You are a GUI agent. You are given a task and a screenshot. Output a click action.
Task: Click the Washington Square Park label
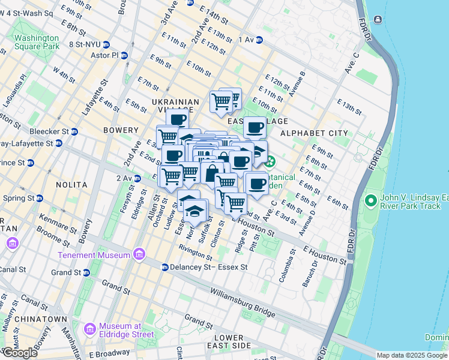[x=37, y=41]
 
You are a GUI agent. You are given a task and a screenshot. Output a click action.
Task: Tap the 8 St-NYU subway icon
[x=106, y=44]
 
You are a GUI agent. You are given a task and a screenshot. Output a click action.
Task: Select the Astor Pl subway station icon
[x=124, y=56]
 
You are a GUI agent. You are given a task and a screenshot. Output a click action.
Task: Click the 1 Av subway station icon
[x=259, y=40]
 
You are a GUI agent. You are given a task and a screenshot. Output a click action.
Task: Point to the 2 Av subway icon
[x=137, y=178]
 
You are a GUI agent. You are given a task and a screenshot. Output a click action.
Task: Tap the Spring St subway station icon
[x=39, y=198]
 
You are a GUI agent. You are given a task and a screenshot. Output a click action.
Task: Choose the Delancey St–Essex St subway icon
[x=164, y=267]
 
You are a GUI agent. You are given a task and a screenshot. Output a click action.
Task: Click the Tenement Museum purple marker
[x=139, y=255]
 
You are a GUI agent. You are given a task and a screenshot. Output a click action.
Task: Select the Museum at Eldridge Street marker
[x=90, y=329]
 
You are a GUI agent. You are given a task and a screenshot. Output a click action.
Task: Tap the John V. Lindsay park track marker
[x=370, y=200]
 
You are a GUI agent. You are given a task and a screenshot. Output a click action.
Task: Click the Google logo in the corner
[x=20, y=353]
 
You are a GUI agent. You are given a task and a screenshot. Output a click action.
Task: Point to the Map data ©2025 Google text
[x=411, y=355]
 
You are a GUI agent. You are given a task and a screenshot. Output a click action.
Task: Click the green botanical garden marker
[x=270, y=161]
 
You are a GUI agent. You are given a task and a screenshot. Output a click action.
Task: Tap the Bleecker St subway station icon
[x=74, y=131]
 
